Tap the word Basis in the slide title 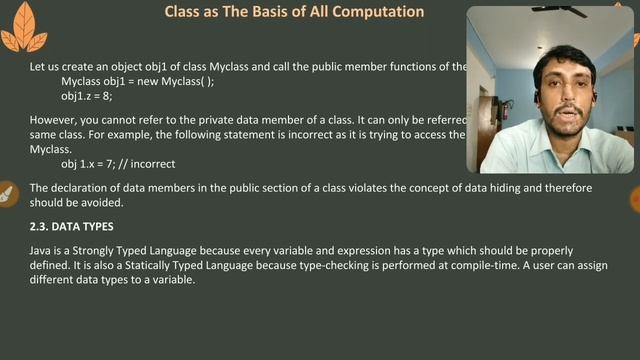click(268, 12)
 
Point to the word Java click(41, 250)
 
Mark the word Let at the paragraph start click(37, 67)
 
